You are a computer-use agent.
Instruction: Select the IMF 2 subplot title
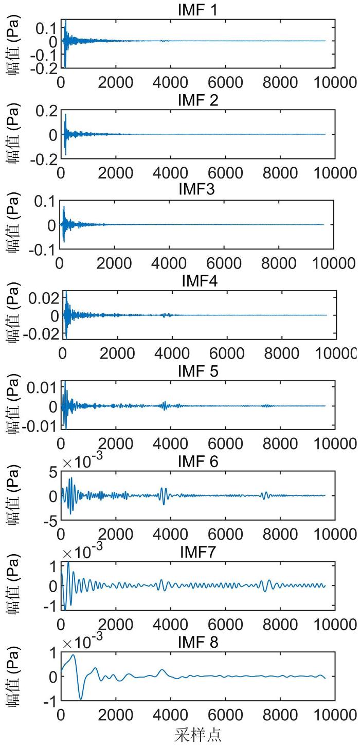198,100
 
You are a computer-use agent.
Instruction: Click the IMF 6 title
198,462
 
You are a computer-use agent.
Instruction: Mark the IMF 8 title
198,643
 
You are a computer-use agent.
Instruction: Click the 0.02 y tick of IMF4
40,298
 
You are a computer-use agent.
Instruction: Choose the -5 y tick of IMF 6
50,522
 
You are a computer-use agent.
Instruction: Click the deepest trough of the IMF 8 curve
81,699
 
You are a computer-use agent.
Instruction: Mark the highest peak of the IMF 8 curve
74,655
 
